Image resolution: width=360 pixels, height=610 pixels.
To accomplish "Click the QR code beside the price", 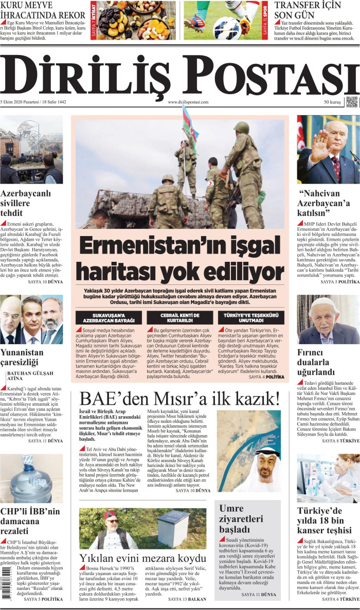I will click(x=352, y=116).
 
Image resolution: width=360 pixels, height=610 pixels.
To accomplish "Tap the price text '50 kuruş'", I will click(x=332, y=117).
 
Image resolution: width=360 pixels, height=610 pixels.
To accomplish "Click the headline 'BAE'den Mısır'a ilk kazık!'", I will click(x=179, y=398).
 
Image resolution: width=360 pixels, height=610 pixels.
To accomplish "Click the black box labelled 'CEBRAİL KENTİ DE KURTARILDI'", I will click(x=180, y=317).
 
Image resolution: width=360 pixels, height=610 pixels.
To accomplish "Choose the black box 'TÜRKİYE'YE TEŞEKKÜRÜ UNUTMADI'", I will click(x=251, y=317).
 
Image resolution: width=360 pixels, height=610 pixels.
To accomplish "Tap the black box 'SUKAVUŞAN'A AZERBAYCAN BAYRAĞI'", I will click(x=109, y=317).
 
